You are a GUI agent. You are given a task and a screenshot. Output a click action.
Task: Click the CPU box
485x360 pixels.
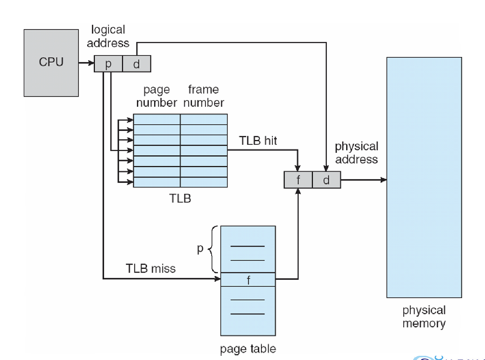click(x=51, y=63)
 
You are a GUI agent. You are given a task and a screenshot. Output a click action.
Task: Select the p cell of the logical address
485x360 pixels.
click(x=108, y=64)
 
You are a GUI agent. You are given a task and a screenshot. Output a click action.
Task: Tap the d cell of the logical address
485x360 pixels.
click(x=137, y=64)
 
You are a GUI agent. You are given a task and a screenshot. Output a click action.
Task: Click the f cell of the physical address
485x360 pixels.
click(x=298, y=180)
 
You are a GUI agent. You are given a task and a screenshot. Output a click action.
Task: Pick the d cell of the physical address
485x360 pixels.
click(x=326, y=180)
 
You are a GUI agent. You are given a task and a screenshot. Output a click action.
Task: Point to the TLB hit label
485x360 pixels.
click(x=258, y=141)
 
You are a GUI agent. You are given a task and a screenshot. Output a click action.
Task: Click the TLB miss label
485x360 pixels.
click(x=151, y=269)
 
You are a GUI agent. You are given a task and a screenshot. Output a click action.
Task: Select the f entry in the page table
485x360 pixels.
click(x=248, y=280)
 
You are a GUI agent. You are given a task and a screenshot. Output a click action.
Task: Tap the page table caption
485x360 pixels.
click(x=248, y=349)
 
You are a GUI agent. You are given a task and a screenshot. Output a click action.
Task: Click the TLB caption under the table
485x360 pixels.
click(x=180, y=198)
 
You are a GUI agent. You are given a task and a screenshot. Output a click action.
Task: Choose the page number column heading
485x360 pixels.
click(x=157, y=96)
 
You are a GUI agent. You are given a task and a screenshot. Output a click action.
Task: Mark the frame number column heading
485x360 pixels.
click(x=204, y=96)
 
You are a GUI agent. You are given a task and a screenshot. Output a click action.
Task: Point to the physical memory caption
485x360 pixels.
click(x=424, y=317)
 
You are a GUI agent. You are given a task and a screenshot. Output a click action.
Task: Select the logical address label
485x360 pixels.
click(x=108, y=36)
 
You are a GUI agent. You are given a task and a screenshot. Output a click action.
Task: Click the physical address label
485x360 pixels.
click(x=356, y=153)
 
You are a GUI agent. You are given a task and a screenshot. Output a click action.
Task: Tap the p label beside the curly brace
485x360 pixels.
click(x=200, y=249)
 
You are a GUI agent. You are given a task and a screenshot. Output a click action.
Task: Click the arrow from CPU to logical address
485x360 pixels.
click(x=86, y=63)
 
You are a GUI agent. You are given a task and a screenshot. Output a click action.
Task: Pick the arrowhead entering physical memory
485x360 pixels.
click(x=383, y=180)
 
